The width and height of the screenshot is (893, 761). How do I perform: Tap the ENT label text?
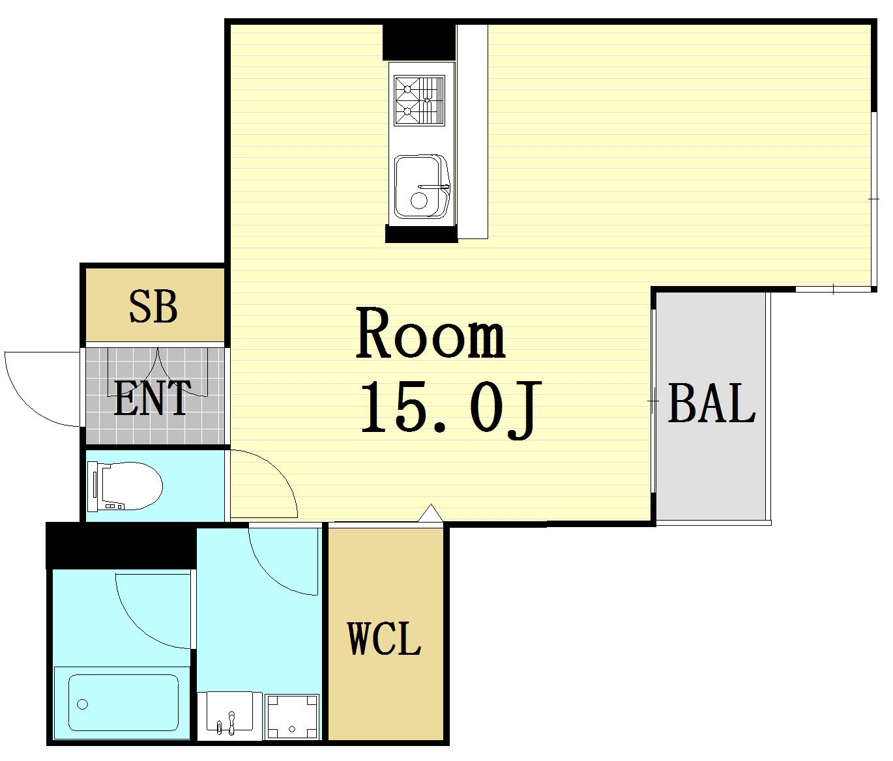point(152,398)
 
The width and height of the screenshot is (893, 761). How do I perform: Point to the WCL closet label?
point(385,639)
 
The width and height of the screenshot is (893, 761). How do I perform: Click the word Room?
point(430,333)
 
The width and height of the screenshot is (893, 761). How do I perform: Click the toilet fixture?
point(125,486)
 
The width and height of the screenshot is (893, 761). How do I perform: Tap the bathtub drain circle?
point(82,704)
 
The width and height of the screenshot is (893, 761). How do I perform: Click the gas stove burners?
point(419,100)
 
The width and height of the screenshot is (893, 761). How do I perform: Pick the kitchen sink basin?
point(421,186)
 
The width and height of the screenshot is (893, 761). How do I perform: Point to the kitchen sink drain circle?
point(419,201)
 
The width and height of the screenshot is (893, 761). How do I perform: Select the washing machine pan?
point(292,717)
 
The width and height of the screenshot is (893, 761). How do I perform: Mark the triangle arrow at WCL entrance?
point(431,513)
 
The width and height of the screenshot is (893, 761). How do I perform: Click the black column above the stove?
point(419,42)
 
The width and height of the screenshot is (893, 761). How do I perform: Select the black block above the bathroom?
point(121,546)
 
